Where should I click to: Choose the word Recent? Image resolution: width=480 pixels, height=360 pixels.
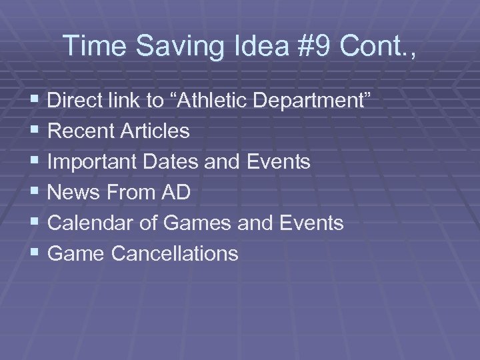pos(81,131)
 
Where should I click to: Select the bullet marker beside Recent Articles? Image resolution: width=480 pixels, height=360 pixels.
pos(34,131)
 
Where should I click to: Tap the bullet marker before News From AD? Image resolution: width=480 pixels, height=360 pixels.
pos(34,193)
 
